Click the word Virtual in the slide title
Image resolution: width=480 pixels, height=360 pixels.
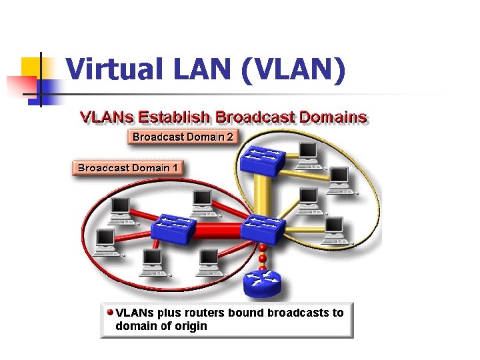pyautogui.click(x=107, y=69)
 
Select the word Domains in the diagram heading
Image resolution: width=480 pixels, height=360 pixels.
pyautogui.click(x=333, y=117)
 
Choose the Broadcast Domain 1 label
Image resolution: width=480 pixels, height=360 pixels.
pyautogui.click(x=127, y=168)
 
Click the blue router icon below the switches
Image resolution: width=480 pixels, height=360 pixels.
pyautogui.click(x=263, y=283)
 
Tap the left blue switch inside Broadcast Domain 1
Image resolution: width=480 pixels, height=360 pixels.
pyautogui.click(x=173, y=229)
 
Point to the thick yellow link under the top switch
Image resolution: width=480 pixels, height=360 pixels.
pyautogui.click(x=263, y=193)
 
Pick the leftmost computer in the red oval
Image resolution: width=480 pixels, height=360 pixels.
pyautogui.click(x=105, y=242)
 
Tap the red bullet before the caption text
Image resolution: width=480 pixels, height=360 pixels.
pyautogui.click(x=109, y=311)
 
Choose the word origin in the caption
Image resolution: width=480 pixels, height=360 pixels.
pyautogui.click(x=191, y=326)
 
